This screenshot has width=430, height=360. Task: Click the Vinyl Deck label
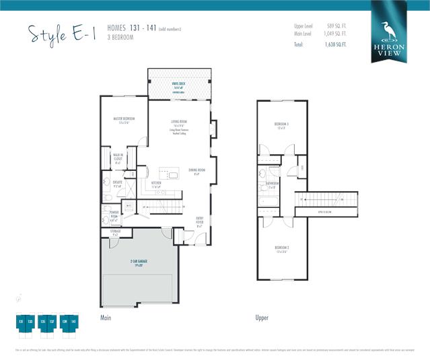(x=179, y=86)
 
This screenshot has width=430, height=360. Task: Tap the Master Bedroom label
(x=125, y=120)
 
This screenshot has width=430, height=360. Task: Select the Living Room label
(x=179, y=124)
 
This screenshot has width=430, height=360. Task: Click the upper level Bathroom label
(x=273, y=184)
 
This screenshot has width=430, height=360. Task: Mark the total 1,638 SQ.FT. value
(x=336, y=45)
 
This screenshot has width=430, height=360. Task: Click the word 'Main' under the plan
(x=106, y=317)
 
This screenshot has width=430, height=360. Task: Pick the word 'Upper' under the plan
(x=262, y=317)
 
